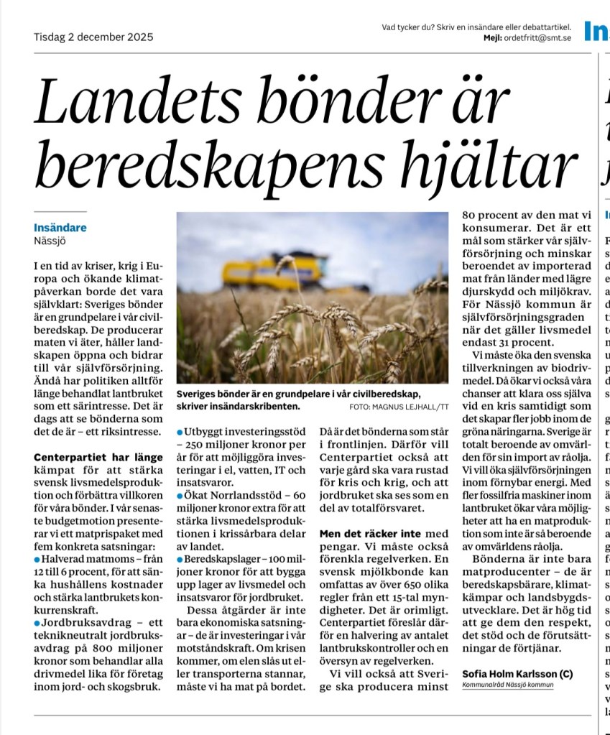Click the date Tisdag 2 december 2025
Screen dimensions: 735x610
(x=93, y=37)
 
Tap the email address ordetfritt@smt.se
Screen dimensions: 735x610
(x=538, y=38)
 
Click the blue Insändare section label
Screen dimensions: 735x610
(x=60, y=228)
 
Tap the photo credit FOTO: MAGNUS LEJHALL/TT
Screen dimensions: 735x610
(x=399, y=407)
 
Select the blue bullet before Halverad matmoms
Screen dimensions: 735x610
(x=37, y=559)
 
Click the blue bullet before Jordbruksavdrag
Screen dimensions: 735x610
(x=37, y=621)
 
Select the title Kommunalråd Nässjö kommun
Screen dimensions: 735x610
(x=508, y=685)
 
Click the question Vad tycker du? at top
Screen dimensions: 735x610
(x=406, y=27)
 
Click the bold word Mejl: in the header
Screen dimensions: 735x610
(x=492, y=38)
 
